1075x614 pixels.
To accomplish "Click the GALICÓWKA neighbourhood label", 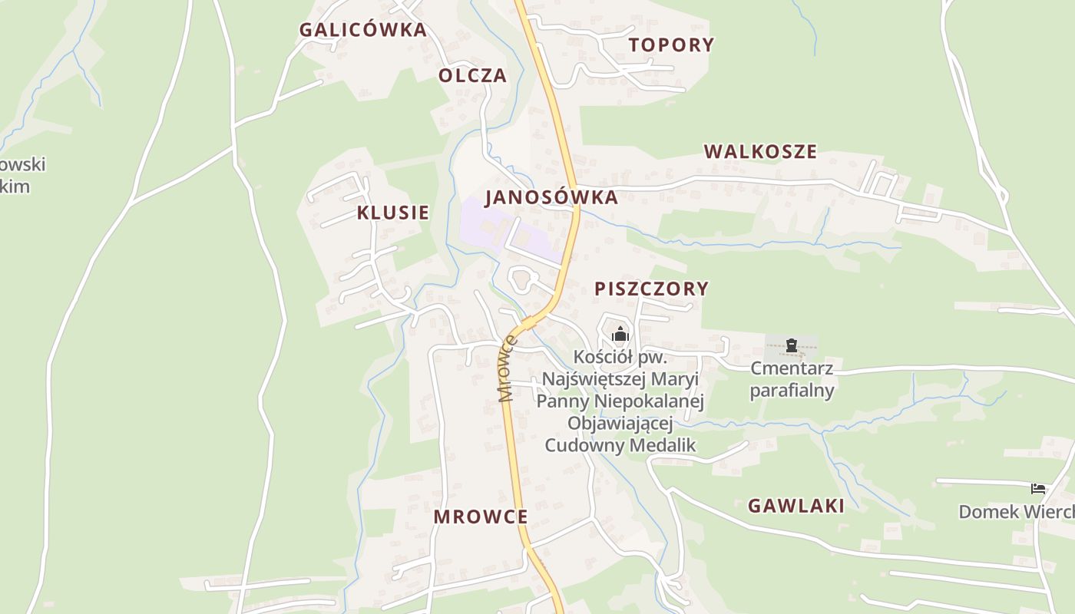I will tap(362, 30).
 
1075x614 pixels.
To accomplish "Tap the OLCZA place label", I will tap(472, 75).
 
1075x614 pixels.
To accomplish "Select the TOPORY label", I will tap(671, 45).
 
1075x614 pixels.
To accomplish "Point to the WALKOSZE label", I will tap(760, 151).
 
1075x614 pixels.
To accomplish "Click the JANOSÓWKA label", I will tap(551, 197).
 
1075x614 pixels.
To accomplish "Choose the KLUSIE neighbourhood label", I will tap(392, 213).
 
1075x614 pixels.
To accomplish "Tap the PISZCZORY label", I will tap(651, 289).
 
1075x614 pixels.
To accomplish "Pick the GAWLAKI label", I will tap(795, 505).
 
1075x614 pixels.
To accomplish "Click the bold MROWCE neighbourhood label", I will tap(480, 517).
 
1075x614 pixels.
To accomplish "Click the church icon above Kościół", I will tap(620, 334).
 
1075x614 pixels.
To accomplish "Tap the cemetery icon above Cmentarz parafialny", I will tap(792, 345).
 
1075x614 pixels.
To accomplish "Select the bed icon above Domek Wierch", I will tap(1038, 488).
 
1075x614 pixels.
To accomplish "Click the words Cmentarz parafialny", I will tap(792, 379).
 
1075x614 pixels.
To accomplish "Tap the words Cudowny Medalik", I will tap(620, 444).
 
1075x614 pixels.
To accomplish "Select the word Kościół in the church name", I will tap(603, 357).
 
